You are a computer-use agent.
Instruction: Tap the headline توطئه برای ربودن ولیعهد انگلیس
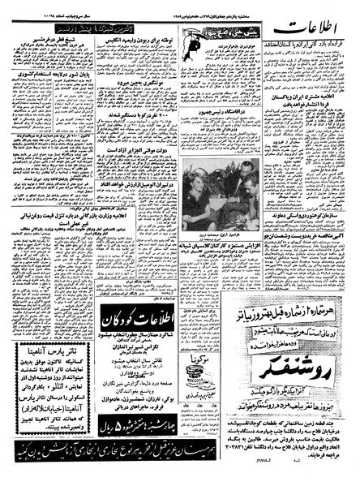138,40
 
